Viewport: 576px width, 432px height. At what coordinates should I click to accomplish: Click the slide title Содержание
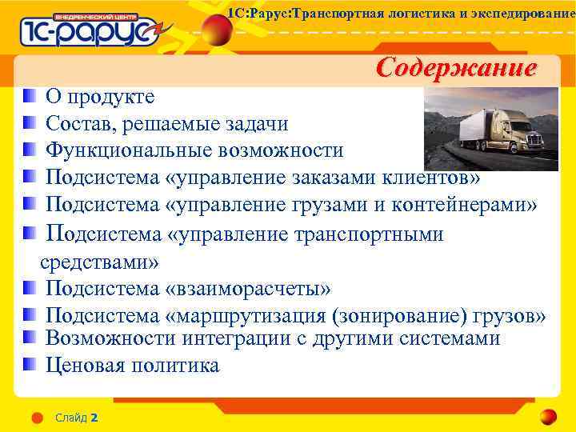coord(456,67)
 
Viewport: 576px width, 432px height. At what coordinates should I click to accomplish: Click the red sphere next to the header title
coord(215,30)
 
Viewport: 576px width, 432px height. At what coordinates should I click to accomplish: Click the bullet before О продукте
coord(30,97)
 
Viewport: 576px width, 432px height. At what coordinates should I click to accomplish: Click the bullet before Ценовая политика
coord(30,365)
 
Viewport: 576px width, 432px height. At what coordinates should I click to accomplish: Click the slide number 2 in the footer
coord(94,418)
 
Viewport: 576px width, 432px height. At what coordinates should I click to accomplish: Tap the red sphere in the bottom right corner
coord(548,417)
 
